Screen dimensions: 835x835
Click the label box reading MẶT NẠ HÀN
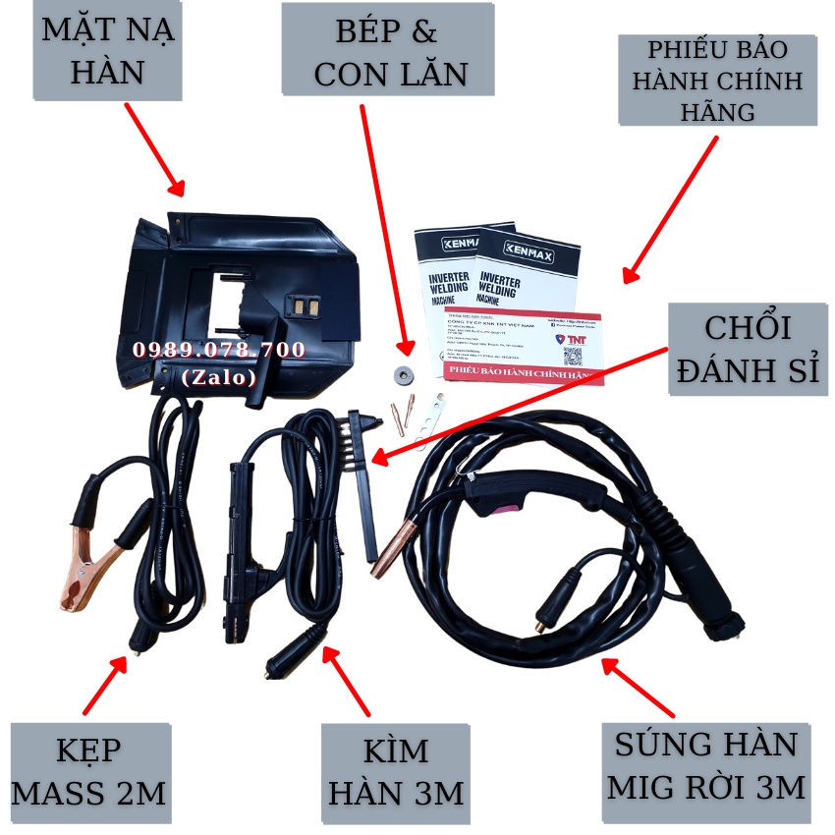pos(109,50)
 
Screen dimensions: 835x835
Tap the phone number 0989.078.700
pos(219,351)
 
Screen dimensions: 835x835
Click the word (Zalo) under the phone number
pos(219,376)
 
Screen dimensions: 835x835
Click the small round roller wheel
pos(400,372)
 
